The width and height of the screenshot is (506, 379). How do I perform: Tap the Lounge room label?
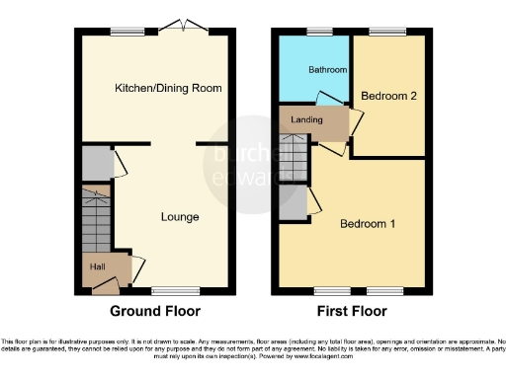(x=181, y=216)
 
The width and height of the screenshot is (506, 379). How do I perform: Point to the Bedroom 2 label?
(x=387, y=97)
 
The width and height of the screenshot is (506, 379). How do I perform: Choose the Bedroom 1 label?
(x=368, y=223)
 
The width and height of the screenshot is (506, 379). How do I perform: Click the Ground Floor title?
(x=154, y=311)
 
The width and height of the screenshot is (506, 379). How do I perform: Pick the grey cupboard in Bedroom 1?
(x=294, y=201)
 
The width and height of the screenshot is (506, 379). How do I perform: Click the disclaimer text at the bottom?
(x=253, y=347)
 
